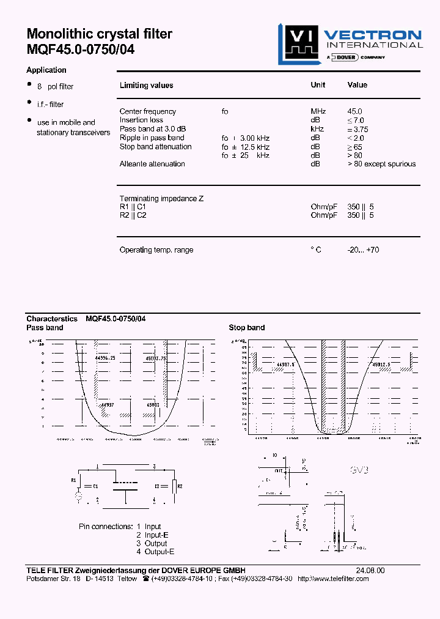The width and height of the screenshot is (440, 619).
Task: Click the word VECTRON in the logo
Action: [x=372, y=35]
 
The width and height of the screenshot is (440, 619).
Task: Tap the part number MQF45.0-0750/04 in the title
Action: [x=80, y=50]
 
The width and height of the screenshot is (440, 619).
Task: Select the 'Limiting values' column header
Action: [x=146, y=86]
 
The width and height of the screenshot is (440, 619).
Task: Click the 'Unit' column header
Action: [x=318, y=85]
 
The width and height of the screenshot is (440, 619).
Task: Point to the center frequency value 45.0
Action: [x=355, y=111]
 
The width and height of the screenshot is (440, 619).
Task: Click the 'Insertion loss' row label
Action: [x=141, y=120]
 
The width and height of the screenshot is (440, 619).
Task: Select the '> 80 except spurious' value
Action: [x=381, y=164]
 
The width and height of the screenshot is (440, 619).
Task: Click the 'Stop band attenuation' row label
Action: [x=155, y=147]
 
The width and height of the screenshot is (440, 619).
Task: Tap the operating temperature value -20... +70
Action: [x=363, y=250]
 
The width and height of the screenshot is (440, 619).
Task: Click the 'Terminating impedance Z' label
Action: [x=161, y=199]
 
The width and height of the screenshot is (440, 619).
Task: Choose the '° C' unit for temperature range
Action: [x=315, y=250]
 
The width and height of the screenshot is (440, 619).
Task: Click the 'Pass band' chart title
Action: [x=45, y=328]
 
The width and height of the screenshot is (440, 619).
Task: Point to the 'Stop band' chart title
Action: [x=247, y=328]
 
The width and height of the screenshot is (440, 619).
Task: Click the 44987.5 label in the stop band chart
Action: [x=285, y=364]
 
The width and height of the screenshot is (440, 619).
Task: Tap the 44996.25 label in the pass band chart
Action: [x=105, y=357]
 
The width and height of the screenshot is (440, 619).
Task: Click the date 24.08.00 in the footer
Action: [x=372, y=570]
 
